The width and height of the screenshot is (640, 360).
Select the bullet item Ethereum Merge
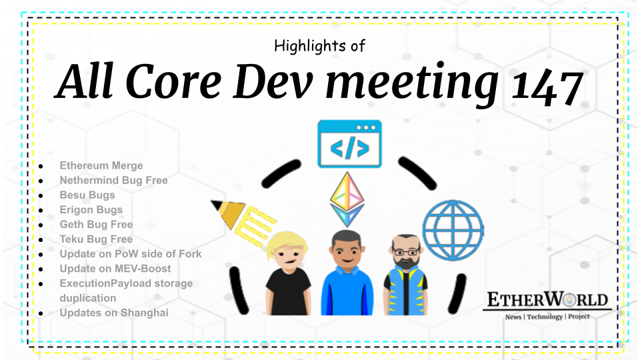point(101,165)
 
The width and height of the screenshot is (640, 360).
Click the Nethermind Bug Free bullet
point(113,180)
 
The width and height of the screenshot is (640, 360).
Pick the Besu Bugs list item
point(87,195)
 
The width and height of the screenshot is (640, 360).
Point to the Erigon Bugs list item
point(91,209)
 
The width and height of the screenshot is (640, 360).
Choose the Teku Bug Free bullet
point(96,239)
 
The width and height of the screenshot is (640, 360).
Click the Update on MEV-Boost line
point(115,268)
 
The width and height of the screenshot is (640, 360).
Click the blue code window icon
point(349,143)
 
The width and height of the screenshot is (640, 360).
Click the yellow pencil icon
point(242,216)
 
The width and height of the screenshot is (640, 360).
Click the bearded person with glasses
point(405,273)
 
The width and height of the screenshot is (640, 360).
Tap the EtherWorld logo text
point(547,299)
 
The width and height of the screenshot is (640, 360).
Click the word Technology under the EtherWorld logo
point(545,317)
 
